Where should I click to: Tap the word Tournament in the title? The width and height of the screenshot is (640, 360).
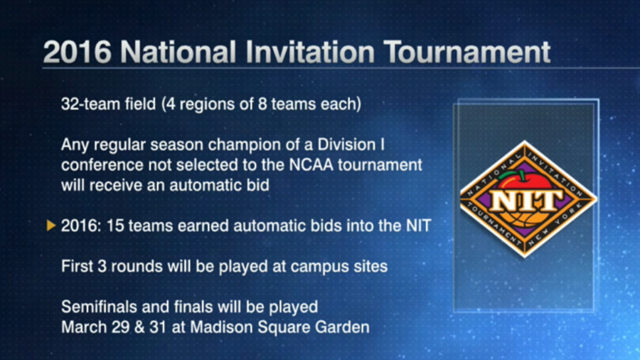(x=467, y=52)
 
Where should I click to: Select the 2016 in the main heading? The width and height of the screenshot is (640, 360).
(x=77, y=52)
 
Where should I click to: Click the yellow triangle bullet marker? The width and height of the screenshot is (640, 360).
(x=51, y=226)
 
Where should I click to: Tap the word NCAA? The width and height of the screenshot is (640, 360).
(x=311, y=165)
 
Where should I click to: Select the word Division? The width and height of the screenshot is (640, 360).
(x=346, y=144)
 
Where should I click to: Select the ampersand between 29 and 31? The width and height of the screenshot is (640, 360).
(x=139, y=327)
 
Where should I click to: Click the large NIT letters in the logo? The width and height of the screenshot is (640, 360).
(x=526, y=200)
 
